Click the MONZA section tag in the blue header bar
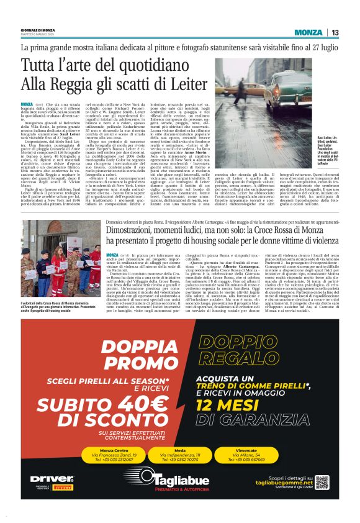(x=308, y=33)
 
